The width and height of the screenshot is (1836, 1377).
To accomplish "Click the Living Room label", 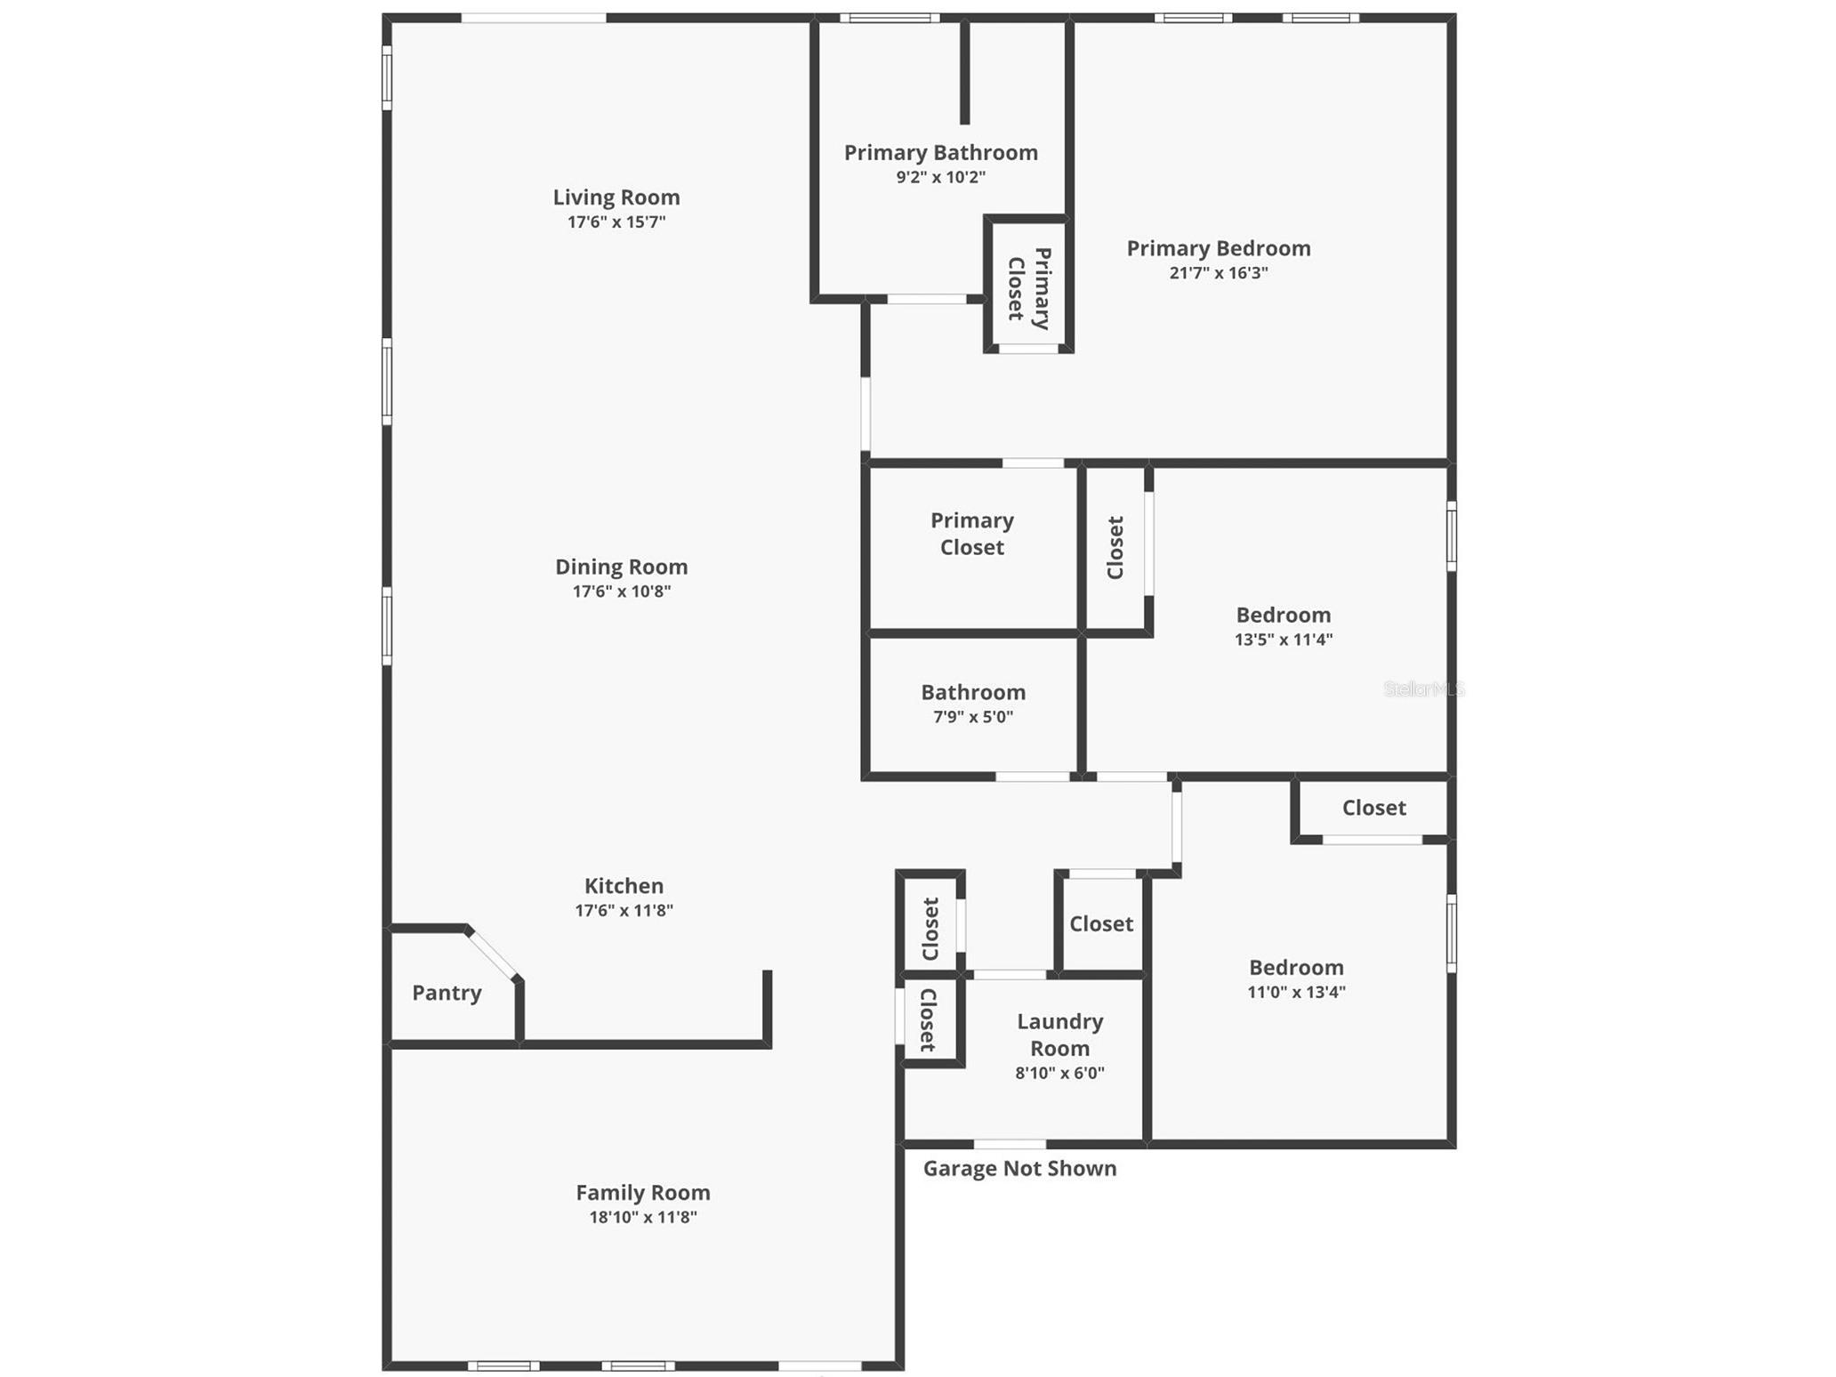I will point(616,197).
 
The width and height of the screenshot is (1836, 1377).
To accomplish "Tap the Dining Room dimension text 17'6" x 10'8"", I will point(622,592).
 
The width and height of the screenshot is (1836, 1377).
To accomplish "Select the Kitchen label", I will point(624,886).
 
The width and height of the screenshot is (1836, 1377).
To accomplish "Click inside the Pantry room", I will point(447,993).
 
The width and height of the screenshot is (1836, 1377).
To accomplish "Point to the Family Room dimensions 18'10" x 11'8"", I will point(643,1217).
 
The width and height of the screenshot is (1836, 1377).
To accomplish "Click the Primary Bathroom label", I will point(941,153).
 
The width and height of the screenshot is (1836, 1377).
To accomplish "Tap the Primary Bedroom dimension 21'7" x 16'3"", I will point(1219,273).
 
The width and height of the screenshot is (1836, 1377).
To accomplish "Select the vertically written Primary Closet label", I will point(1029,287).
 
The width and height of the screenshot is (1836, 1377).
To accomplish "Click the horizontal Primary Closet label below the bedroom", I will point(972,534).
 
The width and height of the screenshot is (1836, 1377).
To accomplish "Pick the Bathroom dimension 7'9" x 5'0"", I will point(973,717).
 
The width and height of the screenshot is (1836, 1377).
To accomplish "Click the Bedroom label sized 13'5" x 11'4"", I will point(1284,615).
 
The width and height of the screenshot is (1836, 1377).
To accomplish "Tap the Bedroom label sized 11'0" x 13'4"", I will point(1296,968).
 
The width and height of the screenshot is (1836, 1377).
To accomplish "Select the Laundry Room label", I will point(1060,1035).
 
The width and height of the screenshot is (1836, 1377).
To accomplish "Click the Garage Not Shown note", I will point(1019,1168).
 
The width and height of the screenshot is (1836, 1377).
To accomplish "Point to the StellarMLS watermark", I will point(1423,688).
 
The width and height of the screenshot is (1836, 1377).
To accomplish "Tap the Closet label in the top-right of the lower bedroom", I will point(1373,808).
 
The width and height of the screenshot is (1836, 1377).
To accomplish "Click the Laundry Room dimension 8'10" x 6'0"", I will point(1060,1073).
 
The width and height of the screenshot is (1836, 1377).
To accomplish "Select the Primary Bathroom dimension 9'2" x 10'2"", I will point(941,177).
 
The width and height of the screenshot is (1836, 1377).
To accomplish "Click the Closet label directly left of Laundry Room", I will point(928,1019).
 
